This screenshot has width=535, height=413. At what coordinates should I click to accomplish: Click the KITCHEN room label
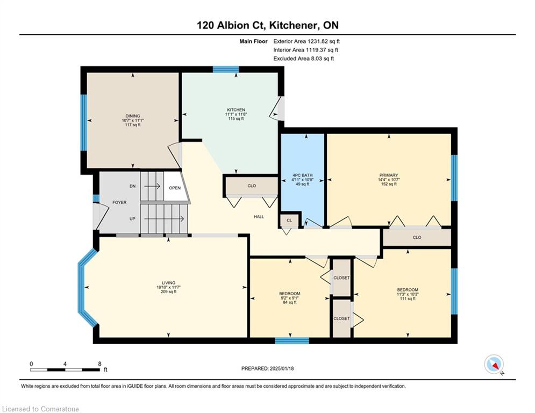point(236,110)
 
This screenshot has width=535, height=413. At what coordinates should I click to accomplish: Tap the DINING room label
point(133,116)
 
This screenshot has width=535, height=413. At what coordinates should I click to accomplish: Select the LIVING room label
point(168,283)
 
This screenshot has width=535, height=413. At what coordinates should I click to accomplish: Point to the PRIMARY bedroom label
point(389,175)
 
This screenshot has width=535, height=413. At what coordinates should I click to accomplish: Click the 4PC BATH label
point(302,175)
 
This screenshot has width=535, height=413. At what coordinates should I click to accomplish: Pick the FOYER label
point(119,202)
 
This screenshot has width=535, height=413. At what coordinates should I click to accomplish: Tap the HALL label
point(259,217)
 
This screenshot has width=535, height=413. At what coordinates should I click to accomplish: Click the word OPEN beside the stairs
point(175,188)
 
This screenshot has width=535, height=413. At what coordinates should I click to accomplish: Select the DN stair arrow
point(152,187)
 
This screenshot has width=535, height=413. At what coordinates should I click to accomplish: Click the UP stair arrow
point(165,219)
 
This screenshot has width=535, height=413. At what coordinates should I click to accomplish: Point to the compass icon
point(494,364)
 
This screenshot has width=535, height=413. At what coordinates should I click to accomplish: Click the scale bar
point(65,369)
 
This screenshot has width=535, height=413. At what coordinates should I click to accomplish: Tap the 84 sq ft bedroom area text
point(290,302)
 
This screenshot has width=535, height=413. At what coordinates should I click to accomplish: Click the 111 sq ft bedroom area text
point(408,298)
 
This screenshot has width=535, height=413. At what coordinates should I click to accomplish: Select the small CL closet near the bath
point(289,220)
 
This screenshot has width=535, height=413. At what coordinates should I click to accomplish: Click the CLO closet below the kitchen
point(252,186)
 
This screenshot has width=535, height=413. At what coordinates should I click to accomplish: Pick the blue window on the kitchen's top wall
point(226,69)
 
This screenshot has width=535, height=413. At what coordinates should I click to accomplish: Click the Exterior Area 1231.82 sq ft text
point(306,41)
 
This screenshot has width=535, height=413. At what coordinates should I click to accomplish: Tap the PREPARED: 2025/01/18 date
point(268,368)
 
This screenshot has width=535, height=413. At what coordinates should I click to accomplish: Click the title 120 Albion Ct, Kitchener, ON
point(268,25)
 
